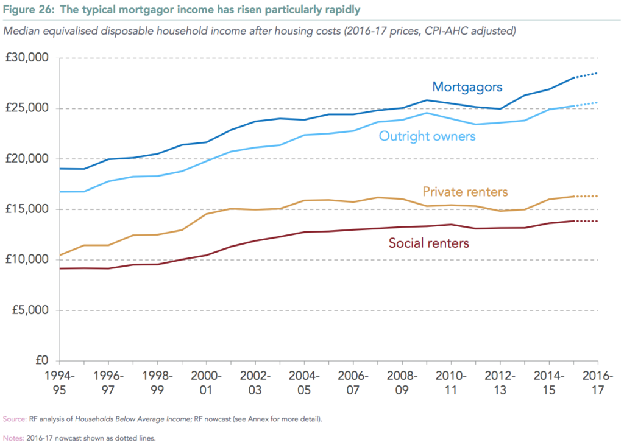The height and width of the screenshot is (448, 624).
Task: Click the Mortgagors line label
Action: point(467,87)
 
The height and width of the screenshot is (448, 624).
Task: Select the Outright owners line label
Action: point(427,136)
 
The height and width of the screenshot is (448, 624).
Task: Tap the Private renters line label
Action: point(465,192)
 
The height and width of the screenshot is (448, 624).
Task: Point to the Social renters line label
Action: point(429,243)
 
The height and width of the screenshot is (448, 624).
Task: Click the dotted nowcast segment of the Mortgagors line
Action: point(586,75)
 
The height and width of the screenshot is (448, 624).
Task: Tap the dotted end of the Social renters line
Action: point(586,221)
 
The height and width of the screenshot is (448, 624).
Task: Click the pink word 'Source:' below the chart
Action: point(14,419)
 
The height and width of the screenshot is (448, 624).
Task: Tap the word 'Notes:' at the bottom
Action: point(13,438)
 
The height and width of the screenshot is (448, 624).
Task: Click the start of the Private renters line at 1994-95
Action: point(60,255)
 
